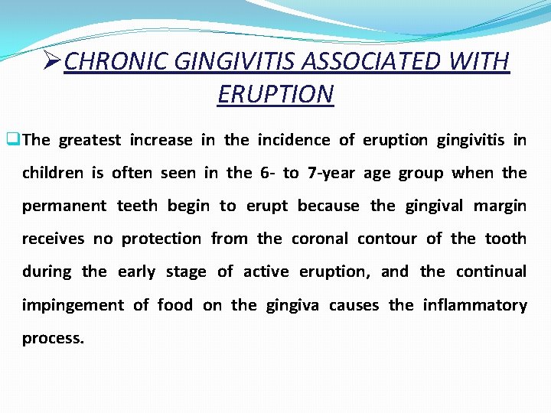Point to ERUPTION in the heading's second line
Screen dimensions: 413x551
click(275, 94)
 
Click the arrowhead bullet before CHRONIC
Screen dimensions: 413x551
click(53, 61)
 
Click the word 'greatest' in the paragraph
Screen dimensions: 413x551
click(90, 140)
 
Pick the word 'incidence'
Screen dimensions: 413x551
click(294, 140)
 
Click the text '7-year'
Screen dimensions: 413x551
click(331, 173)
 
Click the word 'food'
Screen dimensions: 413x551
click(175, 305)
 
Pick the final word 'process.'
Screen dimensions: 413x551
click(53, 339)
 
